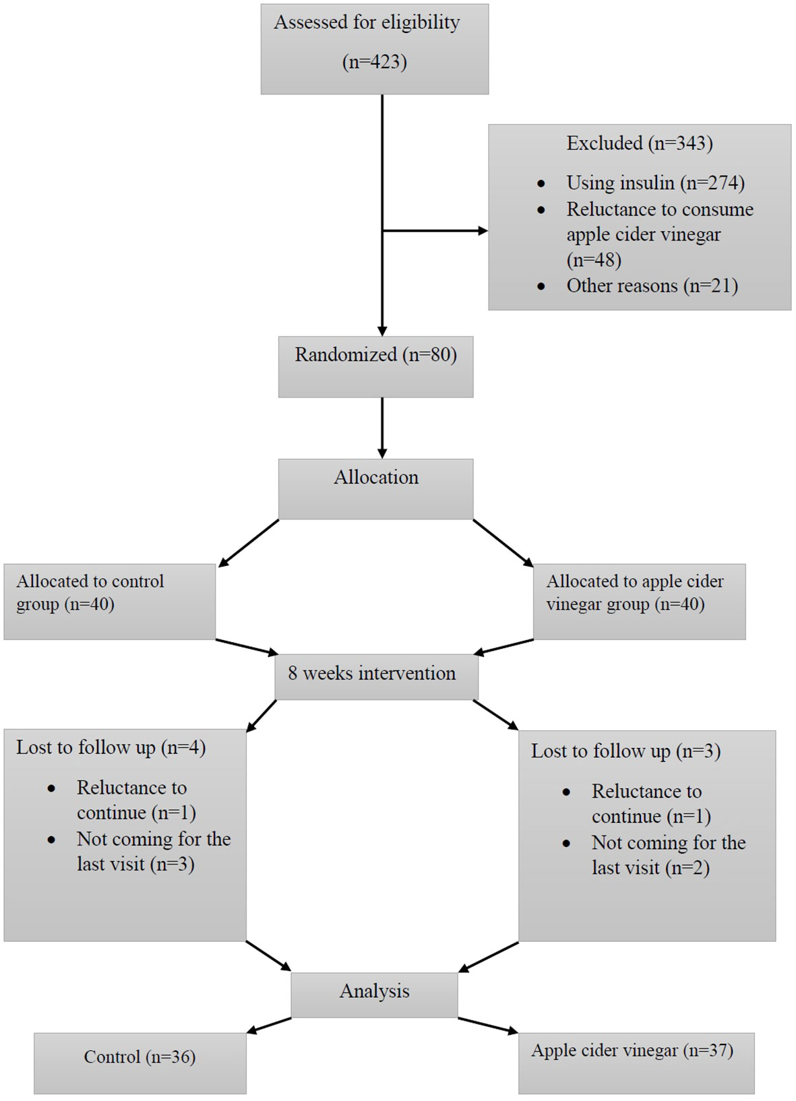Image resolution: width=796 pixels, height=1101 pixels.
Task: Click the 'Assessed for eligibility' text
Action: tap(367, 23)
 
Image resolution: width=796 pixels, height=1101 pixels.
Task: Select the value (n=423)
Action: tap(375, 63)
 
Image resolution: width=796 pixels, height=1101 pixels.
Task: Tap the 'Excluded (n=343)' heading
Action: tap(640, 143)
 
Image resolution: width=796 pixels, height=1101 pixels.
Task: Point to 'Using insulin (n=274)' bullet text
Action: tap(655, 183)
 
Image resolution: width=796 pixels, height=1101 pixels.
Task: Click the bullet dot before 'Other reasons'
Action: tap(541, 286)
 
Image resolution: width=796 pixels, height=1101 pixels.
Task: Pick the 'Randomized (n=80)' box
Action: tap(375, 367)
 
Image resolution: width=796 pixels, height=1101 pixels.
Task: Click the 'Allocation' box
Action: tap(375, 489)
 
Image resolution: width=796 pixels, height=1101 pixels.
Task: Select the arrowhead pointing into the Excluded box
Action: tap(483, 231)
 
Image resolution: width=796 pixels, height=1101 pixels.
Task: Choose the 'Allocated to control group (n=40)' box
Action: tap(110, 602)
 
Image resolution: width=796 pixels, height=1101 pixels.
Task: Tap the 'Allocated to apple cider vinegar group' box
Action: tap(639, 602)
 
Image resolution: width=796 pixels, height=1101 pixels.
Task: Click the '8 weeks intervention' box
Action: tap(376, 677)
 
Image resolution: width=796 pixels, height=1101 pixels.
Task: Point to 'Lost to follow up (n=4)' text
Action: tap(111, 748)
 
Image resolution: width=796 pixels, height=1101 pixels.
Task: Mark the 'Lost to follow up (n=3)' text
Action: tap(626, 751)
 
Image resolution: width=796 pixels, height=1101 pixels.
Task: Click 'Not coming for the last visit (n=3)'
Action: tap(154, 852)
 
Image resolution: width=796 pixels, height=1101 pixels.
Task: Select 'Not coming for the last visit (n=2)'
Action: tap(669, 855)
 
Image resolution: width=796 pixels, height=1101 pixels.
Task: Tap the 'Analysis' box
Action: tap(374, 991)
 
